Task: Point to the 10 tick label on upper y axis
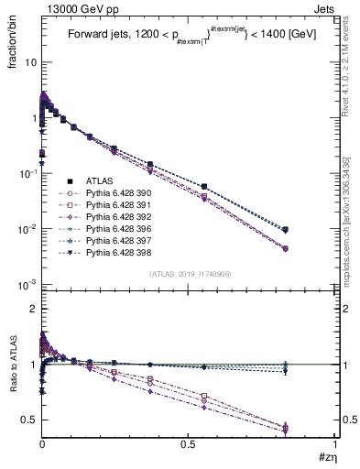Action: pyautogui.click(x=27, y=63)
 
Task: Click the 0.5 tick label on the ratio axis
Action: pyautogui.click(x=27, y=420)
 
